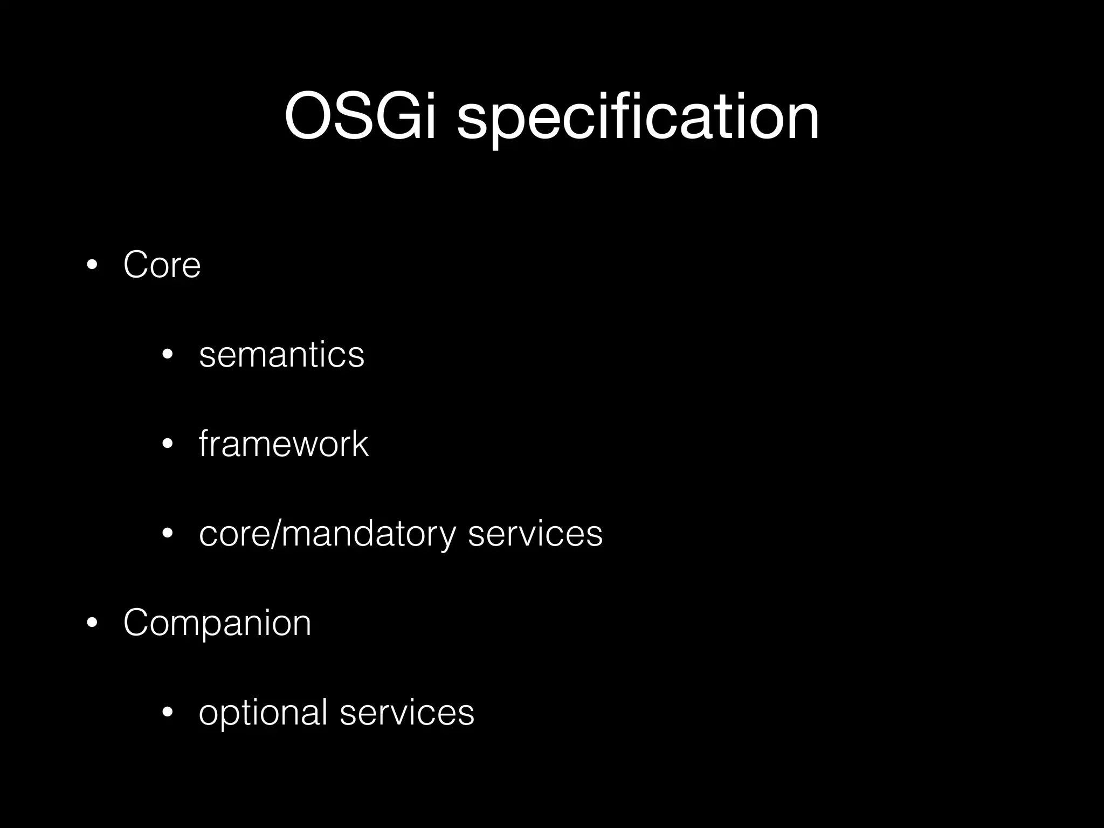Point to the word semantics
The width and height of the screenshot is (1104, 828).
tap(281, 355)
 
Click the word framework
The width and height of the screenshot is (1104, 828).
tap(284, 444)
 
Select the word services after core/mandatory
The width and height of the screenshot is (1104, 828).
tap(535, 534)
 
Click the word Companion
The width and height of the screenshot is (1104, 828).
tap(217, 623)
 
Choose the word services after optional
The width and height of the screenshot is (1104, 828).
tap(406, 712)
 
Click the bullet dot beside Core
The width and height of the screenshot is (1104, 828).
tap(92, 265)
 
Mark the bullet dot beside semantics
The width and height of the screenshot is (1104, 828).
tap(168, 355)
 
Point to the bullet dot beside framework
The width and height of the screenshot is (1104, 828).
tap(168, 444)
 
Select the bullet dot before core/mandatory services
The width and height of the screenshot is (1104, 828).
tap(168, 534)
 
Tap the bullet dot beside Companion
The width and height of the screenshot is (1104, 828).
tap(92, 623)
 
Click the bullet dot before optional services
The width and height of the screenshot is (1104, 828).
tap(168, 713)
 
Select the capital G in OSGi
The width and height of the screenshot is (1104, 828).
tap(396, 116)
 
